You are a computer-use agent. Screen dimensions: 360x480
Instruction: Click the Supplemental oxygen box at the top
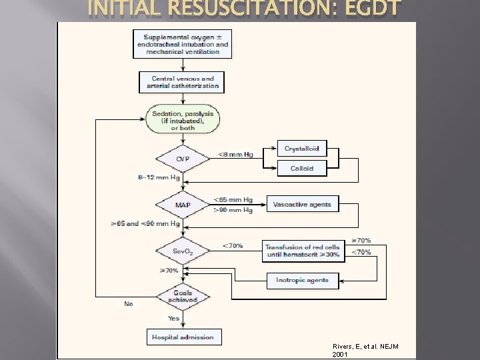point(183,44)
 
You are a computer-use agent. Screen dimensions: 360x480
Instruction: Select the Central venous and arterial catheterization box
point(183,82)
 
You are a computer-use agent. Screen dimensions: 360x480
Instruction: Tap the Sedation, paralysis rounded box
point(183,120)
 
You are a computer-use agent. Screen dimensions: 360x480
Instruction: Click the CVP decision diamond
point(183,159)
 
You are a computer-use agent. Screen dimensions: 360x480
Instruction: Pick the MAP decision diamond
point(183,204)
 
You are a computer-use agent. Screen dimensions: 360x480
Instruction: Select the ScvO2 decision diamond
point(183,251)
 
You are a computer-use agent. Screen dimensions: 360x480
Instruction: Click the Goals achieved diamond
point(183,296)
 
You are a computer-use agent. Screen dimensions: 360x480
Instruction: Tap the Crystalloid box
point(302,149)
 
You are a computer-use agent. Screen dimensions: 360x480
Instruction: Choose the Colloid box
point(302,169)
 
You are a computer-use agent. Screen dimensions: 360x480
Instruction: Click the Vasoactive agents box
point(302,205)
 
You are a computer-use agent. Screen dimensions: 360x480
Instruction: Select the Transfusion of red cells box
point(302,251)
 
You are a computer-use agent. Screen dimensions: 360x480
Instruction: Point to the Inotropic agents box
point(302,280)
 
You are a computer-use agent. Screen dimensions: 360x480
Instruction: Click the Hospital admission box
point(183,337)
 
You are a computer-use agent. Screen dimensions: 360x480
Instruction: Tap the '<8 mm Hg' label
point(235,155)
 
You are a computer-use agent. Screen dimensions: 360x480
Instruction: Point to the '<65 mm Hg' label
point(233,199)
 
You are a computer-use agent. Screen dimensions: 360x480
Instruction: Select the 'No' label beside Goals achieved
point(129,304)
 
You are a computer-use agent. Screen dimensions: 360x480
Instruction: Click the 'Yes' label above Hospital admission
point(173,319)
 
